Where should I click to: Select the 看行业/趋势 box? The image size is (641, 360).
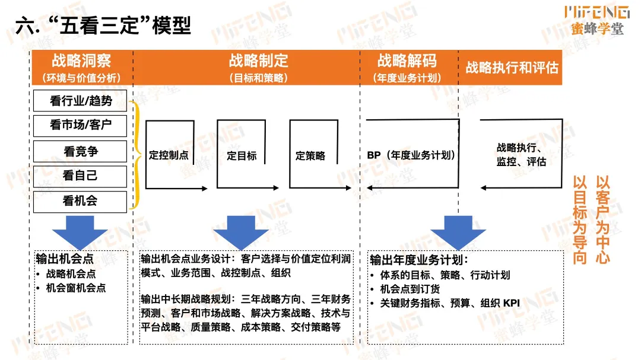(x=81, y=101)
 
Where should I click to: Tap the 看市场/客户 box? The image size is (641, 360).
(x=81, y=125)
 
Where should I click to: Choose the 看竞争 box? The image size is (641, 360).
(x=81, y=151)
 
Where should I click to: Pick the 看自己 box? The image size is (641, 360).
(x=81, y=176)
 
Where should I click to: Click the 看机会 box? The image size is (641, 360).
(x=81, y=201)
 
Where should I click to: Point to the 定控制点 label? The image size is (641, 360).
(x=169, y=156)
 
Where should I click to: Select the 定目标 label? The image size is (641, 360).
(x=242, y=156)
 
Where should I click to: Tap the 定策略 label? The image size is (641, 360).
(x=310, y=156)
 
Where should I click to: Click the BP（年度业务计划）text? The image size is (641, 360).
(x=411, y=155)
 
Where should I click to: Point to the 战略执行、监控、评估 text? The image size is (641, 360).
(x=521, y=154)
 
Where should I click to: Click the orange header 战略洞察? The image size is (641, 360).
(x=81, y=60)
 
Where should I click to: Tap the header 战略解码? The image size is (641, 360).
(x=407, y=60)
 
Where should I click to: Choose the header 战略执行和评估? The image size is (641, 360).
(x=512, y=67)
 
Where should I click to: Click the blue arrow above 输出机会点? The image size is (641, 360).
(x=80, y=231)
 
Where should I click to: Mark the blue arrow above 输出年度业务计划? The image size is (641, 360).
(x=458, y=231)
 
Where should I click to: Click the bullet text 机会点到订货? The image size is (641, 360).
(x=410, y=289)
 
